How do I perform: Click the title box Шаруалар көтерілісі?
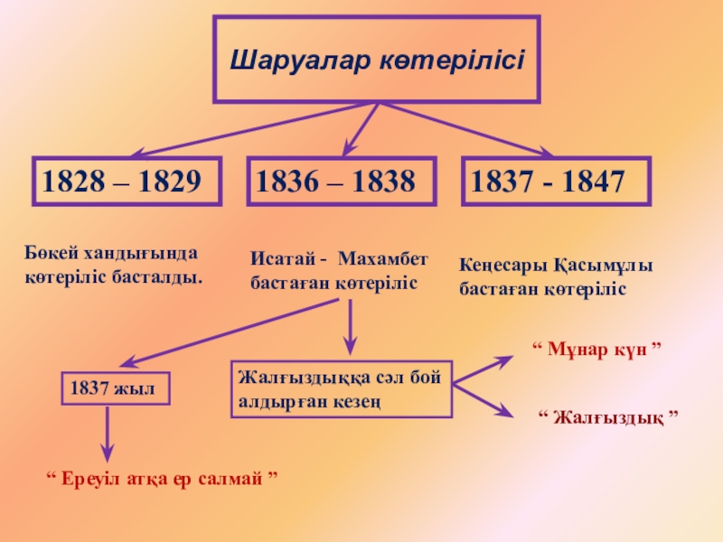click(377, 59)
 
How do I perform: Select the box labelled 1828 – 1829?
click(127, 182)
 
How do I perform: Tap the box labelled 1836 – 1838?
click(342, 182)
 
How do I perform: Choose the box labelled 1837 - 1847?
click(555, 182)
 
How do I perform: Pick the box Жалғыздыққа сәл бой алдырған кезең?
click(342, 389)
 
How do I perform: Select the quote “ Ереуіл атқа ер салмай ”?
click(161, 476)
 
